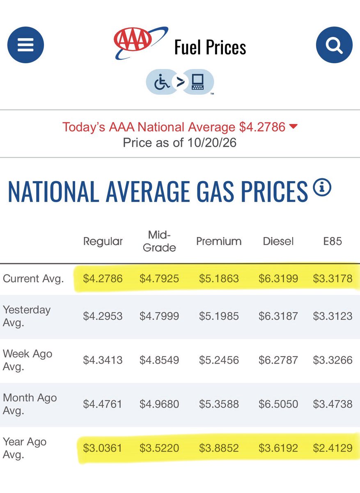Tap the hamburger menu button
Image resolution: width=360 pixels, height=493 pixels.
tap(25, 45)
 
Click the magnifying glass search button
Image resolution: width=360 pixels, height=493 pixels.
tap(334, 45)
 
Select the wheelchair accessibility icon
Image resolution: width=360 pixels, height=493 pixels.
tap(162, 82)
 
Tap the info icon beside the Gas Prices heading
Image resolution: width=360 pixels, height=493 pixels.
tap(322, 187)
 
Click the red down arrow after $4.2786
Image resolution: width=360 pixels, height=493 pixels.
tap(294, 126)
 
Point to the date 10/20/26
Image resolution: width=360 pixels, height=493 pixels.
tap(212, 143)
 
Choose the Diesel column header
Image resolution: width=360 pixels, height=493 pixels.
tap(278, 242)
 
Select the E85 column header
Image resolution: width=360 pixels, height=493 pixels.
tap(332, 241)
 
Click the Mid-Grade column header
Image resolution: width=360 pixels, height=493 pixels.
tap(159, 241)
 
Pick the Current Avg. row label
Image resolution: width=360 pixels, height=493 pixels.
tap(33, 279)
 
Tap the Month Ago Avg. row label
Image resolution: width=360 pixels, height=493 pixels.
tap(30, 404)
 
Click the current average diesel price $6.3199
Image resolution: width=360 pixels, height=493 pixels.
tap(278, 279)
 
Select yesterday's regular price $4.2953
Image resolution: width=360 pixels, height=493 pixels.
tap(103, 316)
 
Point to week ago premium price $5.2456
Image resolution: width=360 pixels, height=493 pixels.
tap(219, 360)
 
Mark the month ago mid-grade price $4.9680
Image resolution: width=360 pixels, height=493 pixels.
tap(159, 404)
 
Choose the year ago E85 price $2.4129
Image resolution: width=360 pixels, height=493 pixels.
tap(332, 448)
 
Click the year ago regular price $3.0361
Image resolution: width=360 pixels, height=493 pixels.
tap(103, 448)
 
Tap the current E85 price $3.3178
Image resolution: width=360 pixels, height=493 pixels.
tap(332, 279)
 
